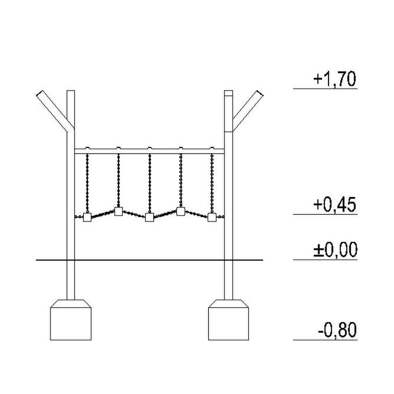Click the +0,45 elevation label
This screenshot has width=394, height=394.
[335, 205]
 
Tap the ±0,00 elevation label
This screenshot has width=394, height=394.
[335, 250]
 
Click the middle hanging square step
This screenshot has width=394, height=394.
[149, 217]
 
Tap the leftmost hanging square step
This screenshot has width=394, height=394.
[87, 217]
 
